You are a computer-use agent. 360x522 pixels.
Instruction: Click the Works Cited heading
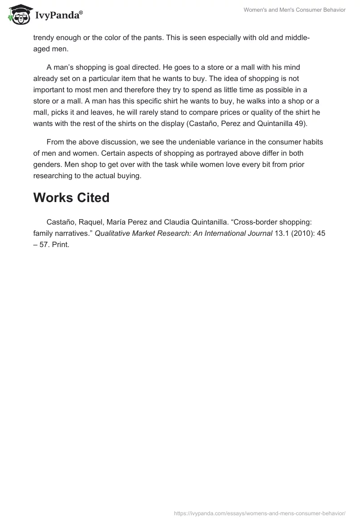[71, 198]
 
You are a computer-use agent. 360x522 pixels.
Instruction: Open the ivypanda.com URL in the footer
[260, 513]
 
